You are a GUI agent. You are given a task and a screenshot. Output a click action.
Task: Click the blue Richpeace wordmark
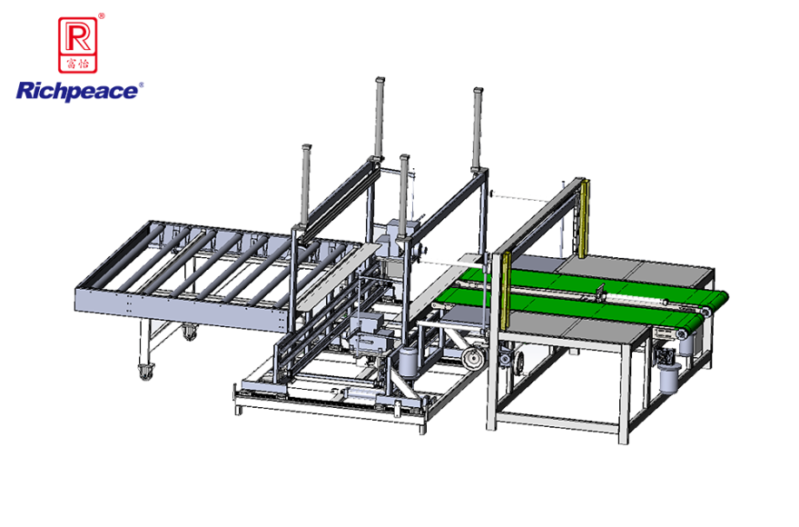tap(77, 92)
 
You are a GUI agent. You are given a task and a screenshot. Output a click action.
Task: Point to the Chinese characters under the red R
tap(77, 64)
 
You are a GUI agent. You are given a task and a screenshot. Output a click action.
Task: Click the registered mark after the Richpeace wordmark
tap(141, 85)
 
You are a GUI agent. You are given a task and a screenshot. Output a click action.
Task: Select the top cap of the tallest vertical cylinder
tap(380, 80)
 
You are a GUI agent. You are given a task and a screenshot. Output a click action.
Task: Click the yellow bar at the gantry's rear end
tap(585, 219)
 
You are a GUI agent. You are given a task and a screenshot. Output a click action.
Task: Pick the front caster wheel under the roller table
tap(146, 372)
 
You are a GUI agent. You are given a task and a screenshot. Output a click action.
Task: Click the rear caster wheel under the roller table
tap(190, 333)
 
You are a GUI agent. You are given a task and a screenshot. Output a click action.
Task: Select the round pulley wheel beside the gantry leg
tap(473, 358)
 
